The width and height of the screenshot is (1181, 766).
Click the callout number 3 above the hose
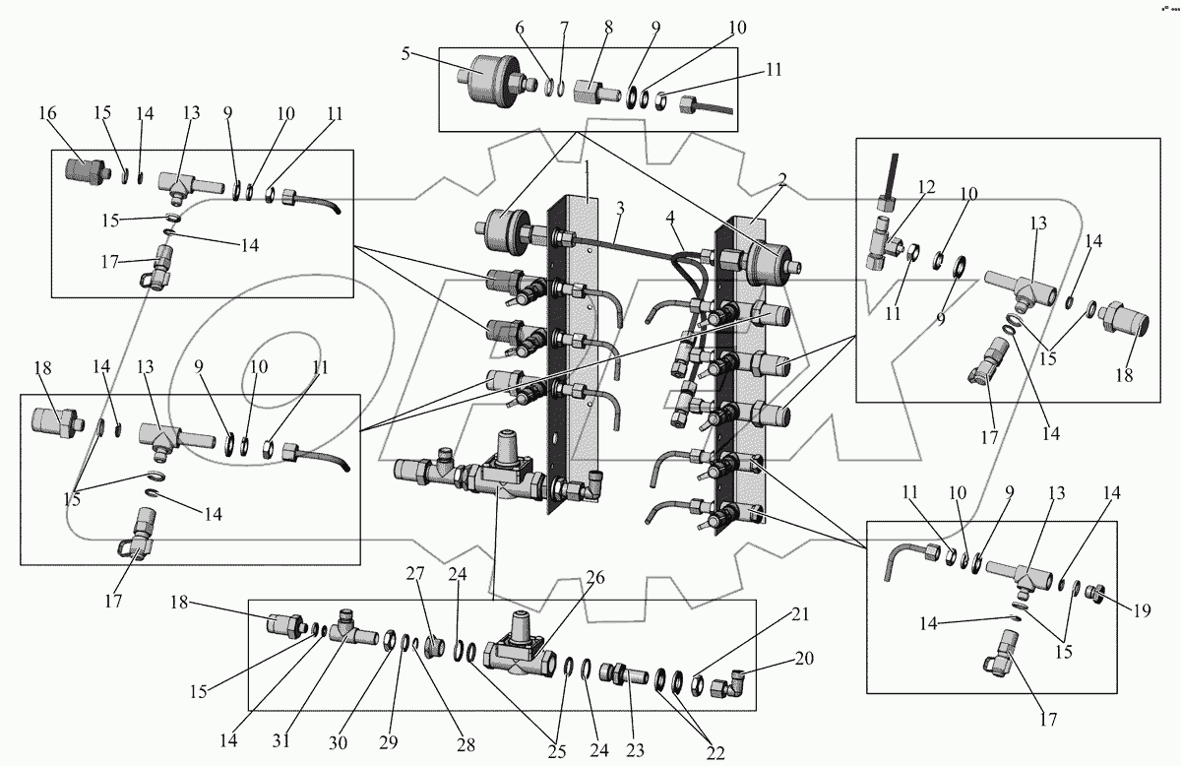[621, 210]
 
